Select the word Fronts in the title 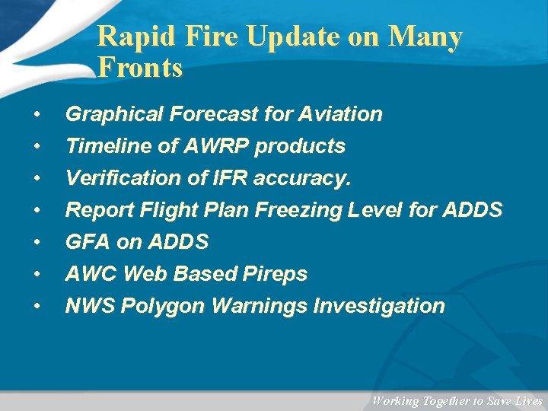point(141,68)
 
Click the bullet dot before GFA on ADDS point(37,243)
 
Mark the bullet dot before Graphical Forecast point(37,115)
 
